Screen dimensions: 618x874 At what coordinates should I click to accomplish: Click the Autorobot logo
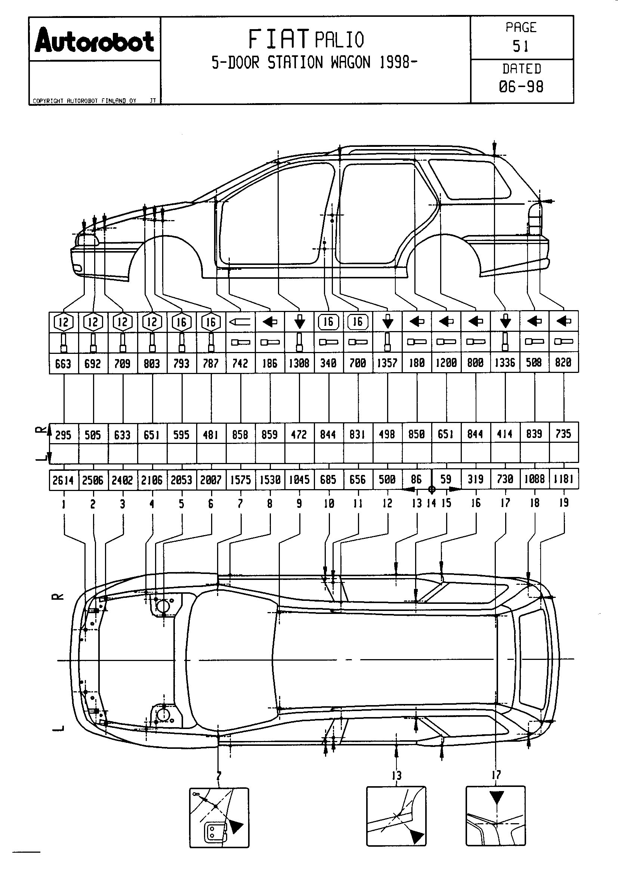coord(95,40)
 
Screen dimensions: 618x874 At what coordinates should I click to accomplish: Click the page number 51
coord(520,46)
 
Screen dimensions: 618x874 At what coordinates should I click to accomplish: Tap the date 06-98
coord(521,87)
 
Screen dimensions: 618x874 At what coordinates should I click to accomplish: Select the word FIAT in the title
coord(279,39)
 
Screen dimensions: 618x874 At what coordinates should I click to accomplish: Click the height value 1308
coord(299,363)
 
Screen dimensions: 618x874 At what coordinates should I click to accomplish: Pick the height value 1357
coord(387,363)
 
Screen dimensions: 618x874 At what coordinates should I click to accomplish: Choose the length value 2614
coord(63,480)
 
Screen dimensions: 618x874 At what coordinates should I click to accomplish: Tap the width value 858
coord(240,435)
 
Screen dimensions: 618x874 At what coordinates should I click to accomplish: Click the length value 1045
coord(299,480)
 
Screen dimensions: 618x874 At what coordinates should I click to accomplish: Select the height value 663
coord(63,364)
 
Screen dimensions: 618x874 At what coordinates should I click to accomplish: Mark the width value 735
coord(563,434)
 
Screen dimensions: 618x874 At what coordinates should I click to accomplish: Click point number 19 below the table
coord(563,503)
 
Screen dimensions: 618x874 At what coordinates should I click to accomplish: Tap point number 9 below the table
coord(299,504)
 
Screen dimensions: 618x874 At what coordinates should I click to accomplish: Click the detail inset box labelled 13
coord(396,816)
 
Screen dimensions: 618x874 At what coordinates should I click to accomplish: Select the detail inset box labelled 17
coord(495,815)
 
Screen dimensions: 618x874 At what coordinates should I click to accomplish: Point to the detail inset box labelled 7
coord(219,817)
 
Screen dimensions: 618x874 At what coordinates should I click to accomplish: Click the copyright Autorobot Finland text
coord(84,101)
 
